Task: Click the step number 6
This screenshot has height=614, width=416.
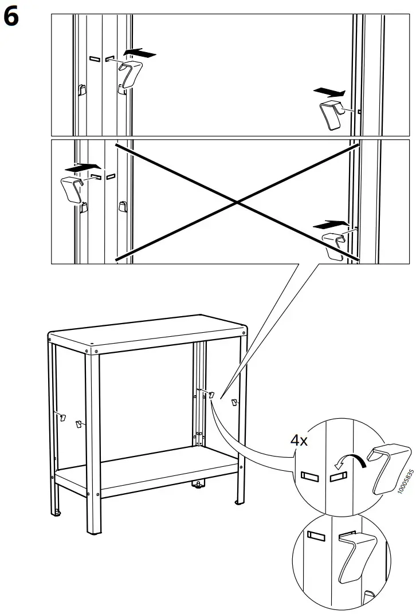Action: (11, 17)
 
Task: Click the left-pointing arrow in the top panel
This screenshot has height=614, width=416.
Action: (140, 53)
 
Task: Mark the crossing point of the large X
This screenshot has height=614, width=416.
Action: (237, 202)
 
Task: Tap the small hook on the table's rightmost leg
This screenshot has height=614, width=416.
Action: (234, 402)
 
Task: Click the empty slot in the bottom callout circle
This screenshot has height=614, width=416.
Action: (316, 536)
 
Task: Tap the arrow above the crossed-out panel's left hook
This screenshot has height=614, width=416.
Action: (80, 168)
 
